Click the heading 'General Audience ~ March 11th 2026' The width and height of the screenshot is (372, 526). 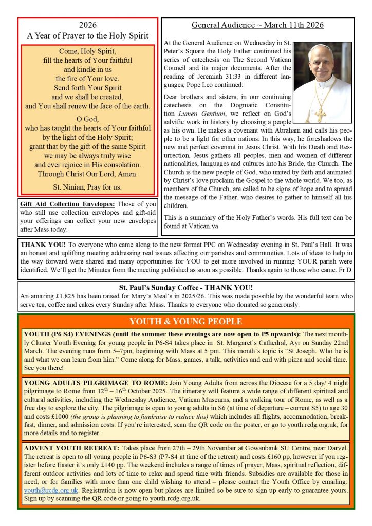click(x=257, y=25)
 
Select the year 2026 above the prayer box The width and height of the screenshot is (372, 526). click(x=88, y=25)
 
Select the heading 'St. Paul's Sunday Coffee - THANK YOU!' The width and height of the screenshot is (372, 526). click(x=185, y=287)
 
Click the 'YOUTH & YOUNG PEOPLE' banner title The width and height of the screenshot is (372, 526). click(x=185, y=322)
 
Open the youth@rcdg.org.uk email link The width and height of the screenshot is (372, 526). click(x=51, y=490)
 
